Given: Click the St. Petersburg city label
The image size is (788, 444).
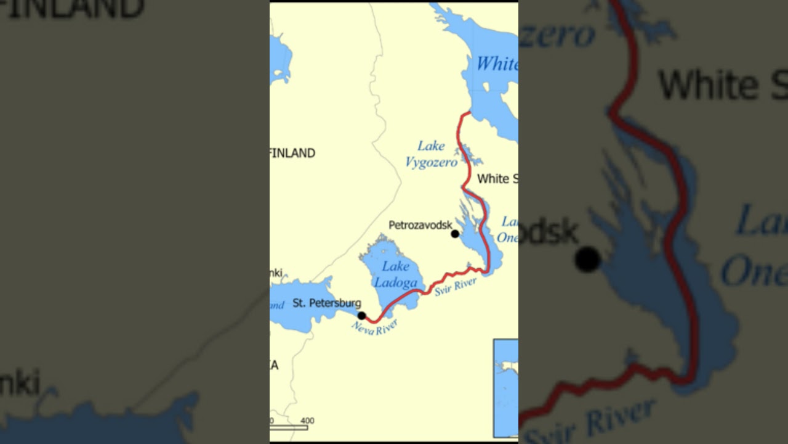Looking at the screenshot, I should pos(326,303).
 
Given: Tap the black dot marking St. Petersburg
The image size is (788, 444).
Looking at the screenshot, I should pos(361,316).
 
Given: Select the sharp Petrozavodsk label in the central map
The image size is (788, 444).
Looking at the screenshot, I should pos(420,225).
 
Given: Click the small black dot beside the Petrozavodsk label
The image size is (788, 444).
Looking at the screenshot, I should pos(455,234).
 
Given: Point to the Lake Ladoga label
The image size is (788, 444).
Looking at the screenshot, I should pos(395,274).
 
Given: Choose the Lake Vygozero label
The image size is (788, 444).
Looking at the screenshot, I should pos(431,154).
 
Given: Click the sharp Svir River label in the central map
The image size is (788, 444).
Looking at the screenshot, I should pos(456,287).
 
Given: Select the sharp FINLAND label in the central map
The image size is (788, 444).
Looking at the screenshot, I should pos(293,153).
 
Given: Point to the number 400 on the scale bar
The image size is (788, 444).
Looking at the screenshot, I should pos(307,421).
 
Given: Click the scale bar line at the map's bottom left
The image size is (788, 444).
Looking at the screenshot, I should pos(289,427).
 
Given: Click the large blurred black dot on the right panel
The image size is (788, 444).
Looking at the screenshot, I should pos(587,260).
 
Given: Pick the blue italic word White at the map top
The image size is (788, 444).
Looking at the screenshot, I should pos(496,64).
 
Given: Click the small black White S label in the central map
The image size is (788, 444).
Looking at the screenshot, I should pos(497,179).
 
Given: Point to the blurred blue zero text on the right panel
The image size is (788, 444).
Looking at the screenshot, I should pos(557,35).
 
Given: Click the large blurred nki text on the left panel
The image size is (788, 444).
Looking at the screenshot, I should pos(20,382).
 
